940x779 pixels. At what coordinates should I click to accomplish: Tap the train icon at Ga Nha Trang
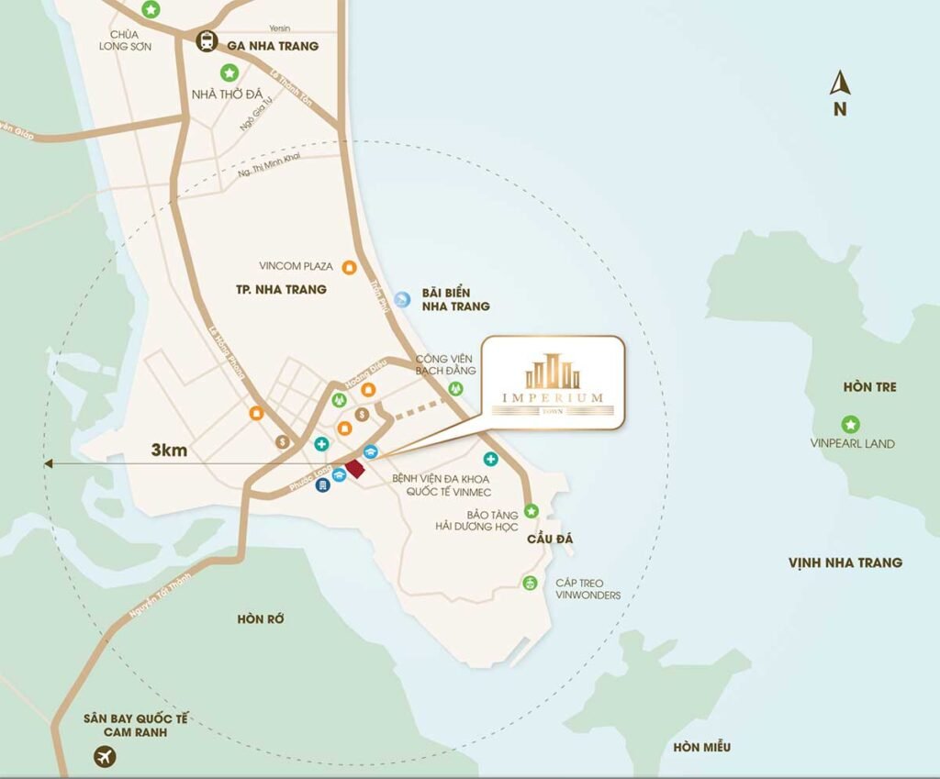(x=207, y=41)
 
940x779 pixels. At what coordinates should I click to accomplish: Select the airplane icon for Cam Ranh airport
(x=105, y=757)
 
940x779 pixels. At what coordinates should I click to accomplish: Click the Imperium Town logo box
(x=553, y=383)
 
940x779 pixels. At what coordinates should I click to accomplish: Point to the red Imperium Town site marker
(x=354, y=469)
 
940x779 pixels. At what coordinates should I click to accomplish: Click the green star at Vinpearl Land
(x=850, y=424)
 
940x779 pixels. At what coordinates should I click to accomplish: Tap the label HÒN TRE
(x=868, y=387)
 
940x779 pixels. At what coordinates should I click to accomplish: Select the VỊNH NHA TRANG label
(x=845, y=562)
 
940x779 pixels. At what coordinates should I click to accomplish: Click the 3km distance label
(x=170, y=451)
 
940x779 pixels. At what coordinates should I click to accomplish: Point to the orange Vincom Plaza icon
(x=348, y=267)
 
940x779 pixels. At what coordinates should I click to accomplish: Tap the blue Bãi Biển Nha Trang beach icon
(x=402, y=298)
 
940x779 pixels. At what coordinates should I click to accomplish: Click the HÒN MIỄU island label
(x=701, y=747)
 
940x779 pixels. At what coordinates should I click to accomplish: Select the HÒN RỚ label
(x=261, y=619)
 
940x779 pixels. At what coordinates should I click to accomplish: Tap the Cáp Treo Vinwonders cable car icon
(x=530, y=583)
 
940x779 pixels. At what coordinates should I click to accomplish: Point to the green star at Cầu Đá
(x=531, y=510)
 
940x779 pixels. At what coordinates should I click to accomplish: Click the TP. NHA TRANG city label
(x=281, y=289)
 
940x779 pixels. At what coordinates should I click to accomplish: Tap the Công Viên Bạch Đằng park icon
(x=453, y=389)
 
